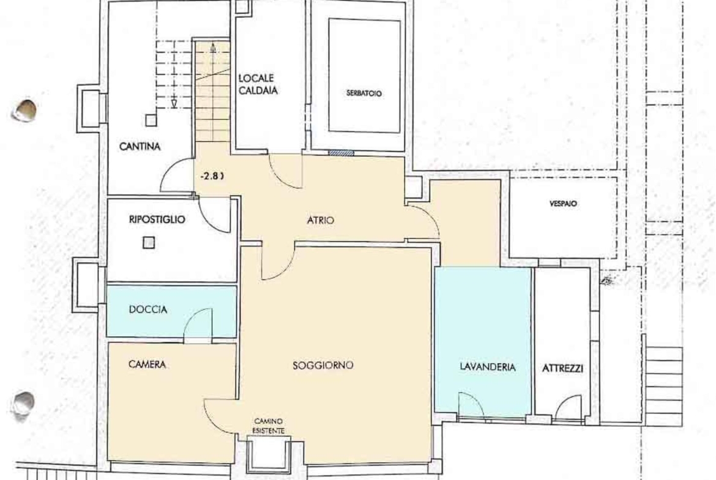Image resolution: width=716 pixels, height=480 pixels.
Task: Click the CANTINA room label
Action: click(140, 147)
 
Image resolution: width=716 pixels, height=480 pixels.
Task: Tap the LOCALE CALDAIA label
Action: click(258, 84)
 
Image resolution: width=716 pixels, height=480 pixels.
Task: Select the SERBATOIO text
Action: click(364, 94)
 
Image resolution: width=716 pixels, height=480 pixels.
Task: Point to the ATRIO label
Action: click(321, 220)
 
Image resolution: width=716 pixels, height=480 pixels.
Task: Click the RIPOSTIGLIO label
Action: click(157, 220)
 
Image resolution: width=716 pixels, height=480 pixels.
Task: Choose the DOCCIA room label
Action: click(148, 309)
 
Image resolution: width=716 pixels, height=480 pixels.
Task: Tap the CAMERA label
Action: click(147, 364)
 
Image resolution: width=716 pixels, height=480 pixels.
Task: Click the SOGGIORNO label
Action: click(323, 365)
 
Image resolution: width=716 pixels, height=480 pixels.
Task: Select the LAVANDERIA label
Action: click(488, 367)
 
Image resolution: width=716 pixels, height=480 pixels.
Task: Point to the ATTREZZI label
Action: click(562, 368)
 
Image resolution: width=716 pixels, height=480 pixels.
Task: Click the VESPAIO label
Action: click(563, 204)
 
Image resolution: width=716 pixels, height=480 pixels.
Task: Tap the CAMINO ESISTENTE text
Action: click(269, 426)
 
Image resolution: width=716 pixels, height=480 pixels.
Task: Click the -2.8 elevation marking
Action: click(212, 175)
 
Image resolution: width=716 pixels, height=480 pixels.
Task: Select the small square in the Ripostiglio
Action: click(149, 242)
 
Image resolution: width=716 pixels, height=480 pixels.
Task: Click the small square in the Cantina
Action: click(151, 120)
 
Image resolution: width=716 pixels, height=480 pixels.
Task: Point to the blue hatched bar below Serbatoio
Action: click(341, 153)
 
